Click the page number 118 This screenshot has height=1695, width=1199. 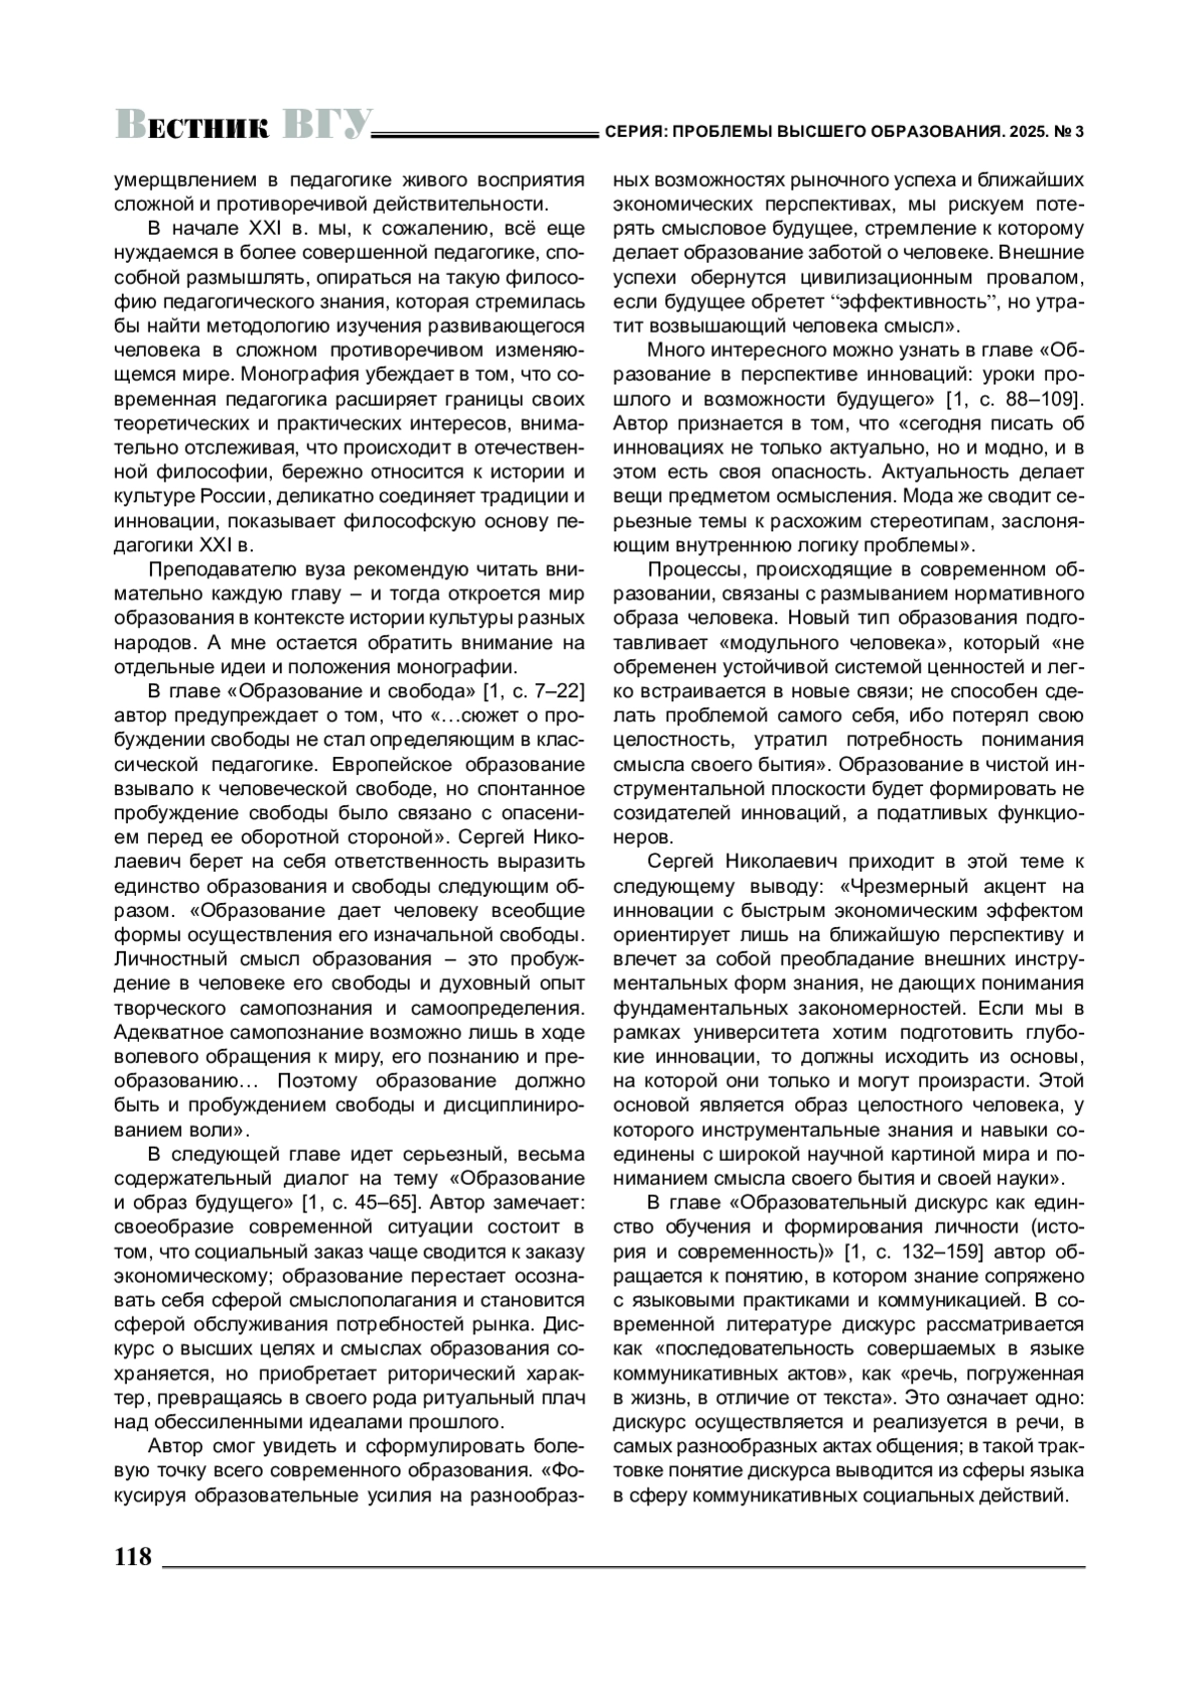click(133, 1556)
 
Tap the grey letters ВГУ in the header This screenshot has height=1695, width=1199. click(327, 124)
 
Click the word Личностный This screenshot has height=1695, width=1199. click(166, 959)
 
